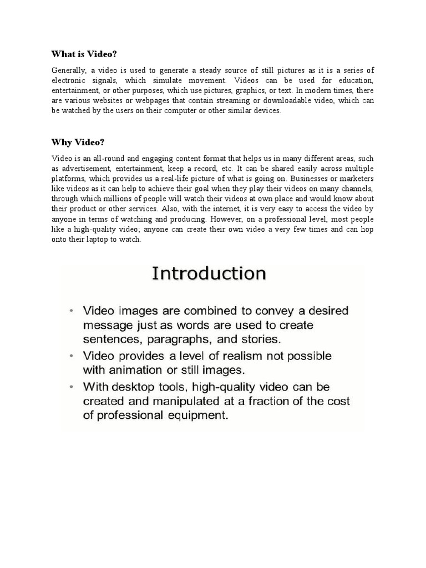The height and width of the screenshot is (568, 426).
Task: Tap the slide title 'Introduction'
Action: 209,273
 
